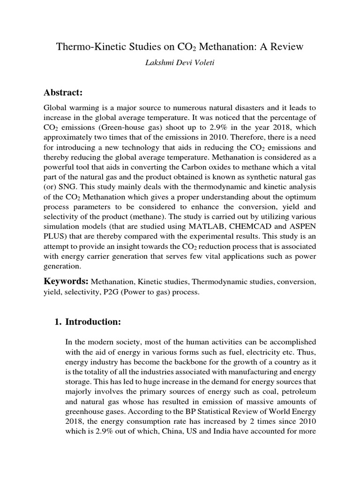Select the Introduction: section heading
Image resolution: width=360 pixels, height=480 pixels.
click(x=93, y=322)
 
